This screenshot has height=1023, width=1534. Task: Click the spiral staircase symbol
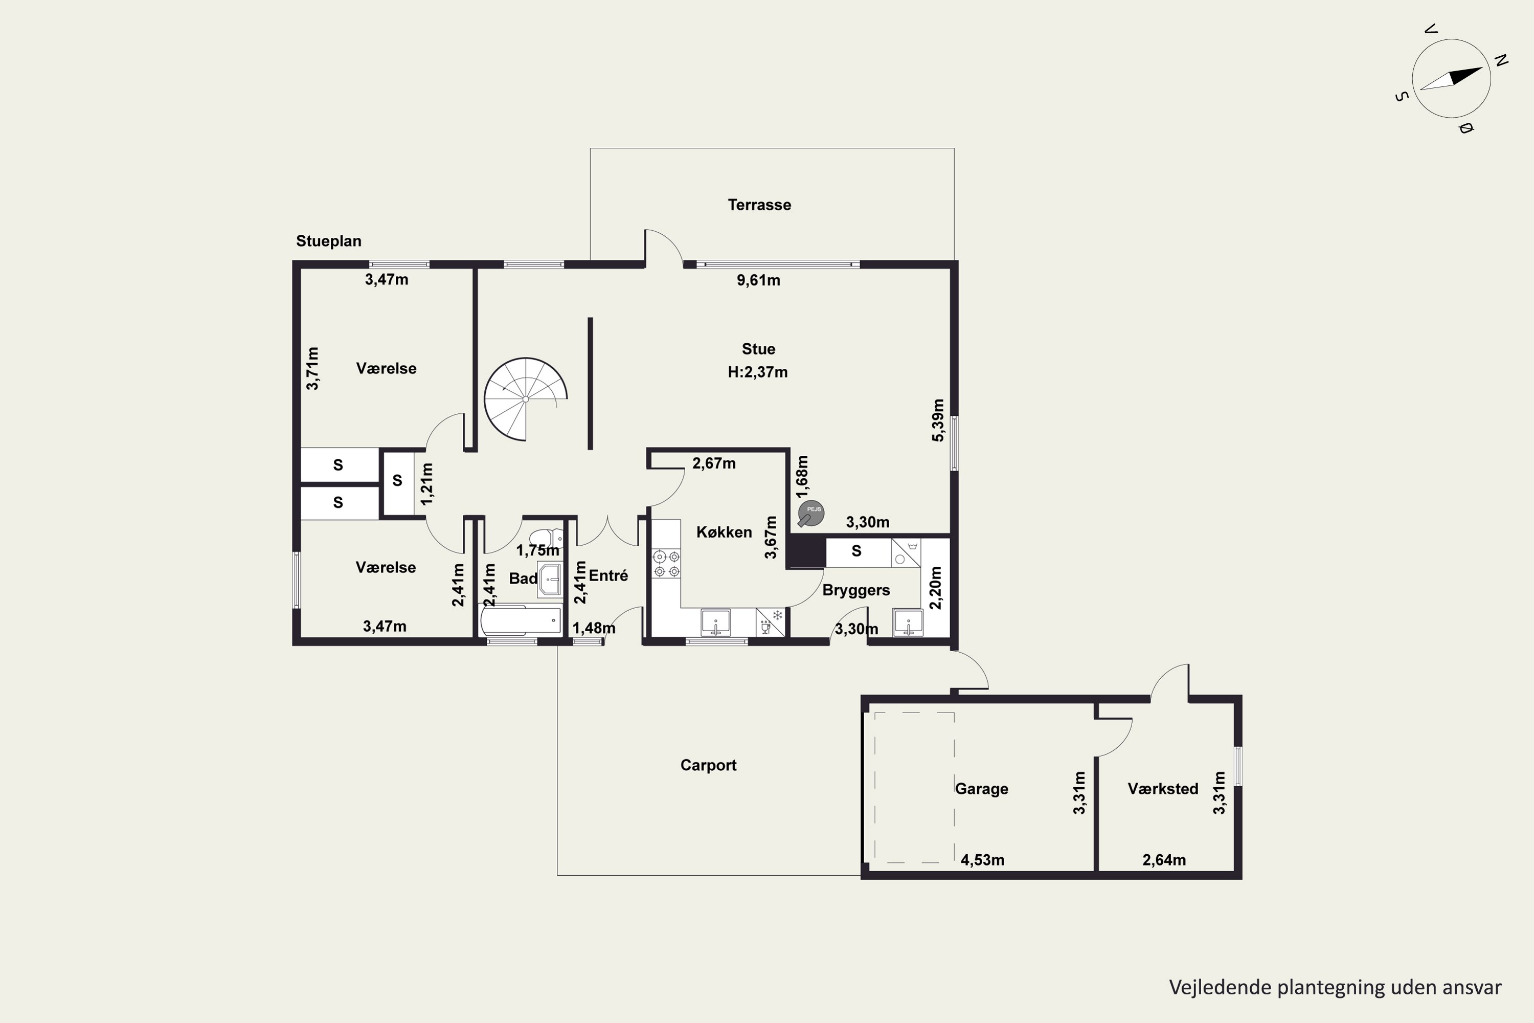click(x=526, y=398)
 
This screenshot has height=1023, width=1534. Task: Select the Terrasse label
click(x=759, y=205)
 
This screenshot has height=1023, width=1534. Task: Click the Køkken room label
click(x=724, y=532)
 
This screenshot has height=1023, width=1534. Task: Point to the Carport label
click(x=708, y=765)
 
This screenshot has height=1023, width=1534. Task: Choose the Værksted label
click(x=1163, y=789)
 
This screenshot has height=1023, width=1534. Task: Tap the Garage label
click(x=982, y=789)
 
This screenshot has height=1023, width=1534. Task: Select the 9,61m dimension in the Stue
click(x=758, y=280)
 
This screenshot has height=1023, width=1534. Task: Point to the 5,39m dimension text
click(x=938, y=420)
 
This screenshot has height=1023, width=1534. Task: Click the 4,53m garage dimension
click(x=982, y=860)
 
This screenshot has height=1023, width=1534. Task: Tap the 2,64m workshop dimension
click(x=1164, y=860)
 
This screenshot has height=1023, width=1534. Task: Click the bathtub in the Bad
click(x=521, y=621)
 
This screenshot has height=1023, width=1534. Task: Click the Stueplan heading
click(x=329, y=241)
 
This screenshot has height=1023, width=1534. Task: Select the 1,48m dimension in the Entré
click(x=594, y=628)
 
